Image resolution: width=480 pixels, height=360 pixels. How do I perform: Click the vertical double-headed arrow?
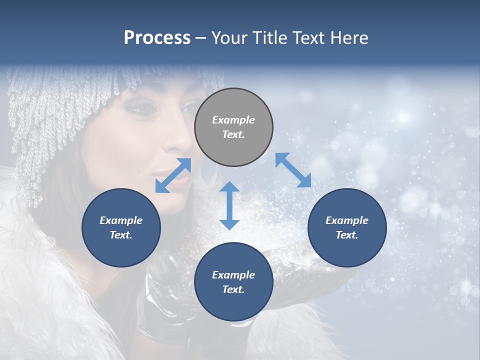point(229,205)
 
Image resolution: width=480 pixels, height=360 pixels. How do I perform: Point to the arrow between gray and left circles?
point(173,175)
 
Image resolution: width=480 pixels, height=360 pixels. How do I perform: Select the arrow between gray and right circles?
point(293,170)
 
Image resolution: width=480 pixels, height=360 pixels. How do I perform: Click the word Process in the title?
point(157,37)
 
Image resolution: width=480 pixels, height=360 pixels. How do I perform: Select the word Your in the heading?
point(228,37)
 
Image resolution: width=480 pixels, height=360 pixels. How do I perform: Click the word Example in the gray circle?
point(233,120)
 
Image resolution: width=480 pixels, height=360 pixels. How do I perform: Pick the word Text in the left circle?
point(121,235)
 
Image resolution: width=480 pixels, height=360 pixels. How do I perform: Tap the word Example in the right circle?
point(347,220)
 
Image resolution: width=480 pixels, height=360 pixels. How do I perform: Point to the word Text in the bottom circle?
point(233,289)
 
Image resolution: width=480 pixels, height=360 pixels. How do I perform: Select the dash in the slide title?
point(201,38)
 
